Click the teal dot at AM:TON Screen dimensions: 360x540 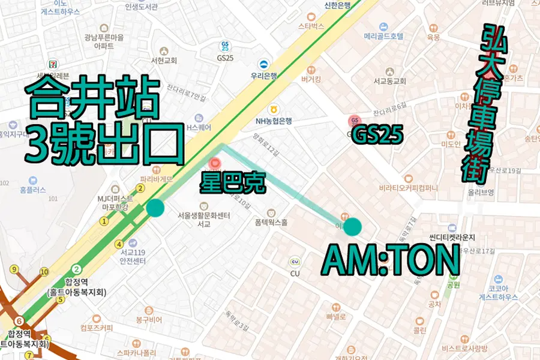click(352, 227)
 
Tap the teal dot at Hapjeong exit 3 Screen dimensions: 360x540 click(155, 208)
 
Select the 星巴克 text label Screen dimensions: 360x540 click(233, 184)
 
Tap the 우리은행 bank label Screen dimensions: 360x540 click(264, 76)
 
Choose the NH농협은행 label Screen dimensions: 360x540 click(274, 120)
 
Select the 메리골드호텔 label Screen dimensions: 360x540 click(384, 36)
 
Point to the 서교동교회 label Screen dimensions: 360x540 click(390, 81)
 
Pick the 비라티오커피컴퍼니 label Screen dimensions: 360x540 click(408, 188)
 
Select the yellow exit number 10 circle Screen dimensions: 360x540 click(44, 272)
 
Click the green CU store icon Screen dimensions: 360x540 click(295, 261)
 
